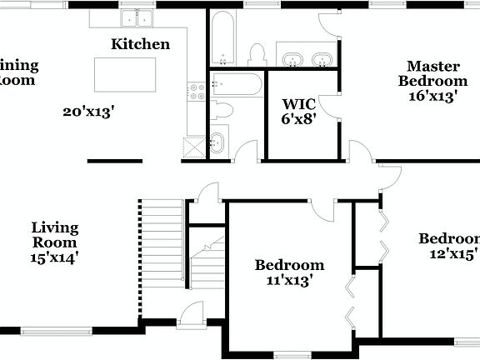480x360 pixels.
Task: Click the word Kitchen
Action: tap(141, 44)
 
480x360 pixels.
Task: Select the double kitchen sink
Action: tap(137, 17)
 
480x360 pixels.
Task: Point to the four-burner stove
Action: tap(196, 92)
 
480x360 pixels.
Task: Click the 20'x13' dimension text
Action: tap(87, 110)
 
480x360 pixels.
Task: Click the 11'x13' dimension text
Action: tap(288, 281)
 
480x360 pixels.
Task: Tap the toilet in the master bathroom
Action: tap(257, 55)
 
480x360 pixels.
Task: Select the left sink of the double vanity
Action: tap(292, 59)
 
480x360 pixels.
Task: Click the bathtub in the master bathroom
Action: tap(222, 37)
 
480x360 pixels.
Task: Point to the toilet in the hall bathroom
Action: tap(222, 109)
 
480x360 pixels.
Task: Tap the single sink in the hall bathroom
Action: tap(217, 142)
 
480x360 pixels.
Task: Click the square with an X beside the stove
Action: tap(194, 147)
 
